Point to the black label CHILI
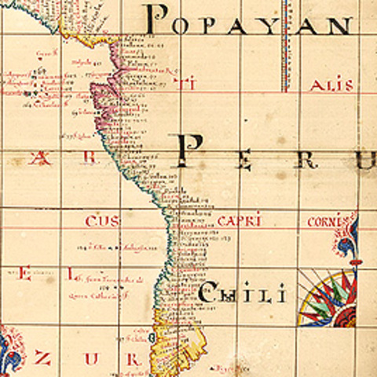[x=240, y=295]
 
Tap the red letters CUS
[x=102, y=222]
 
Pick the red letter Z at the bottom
[x=43, y=360]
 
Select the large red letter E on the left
[x=24, y=275]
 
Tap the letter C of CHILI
[x=210, y=295]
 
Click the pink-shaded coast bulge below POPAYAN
[x=104, y=90]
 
